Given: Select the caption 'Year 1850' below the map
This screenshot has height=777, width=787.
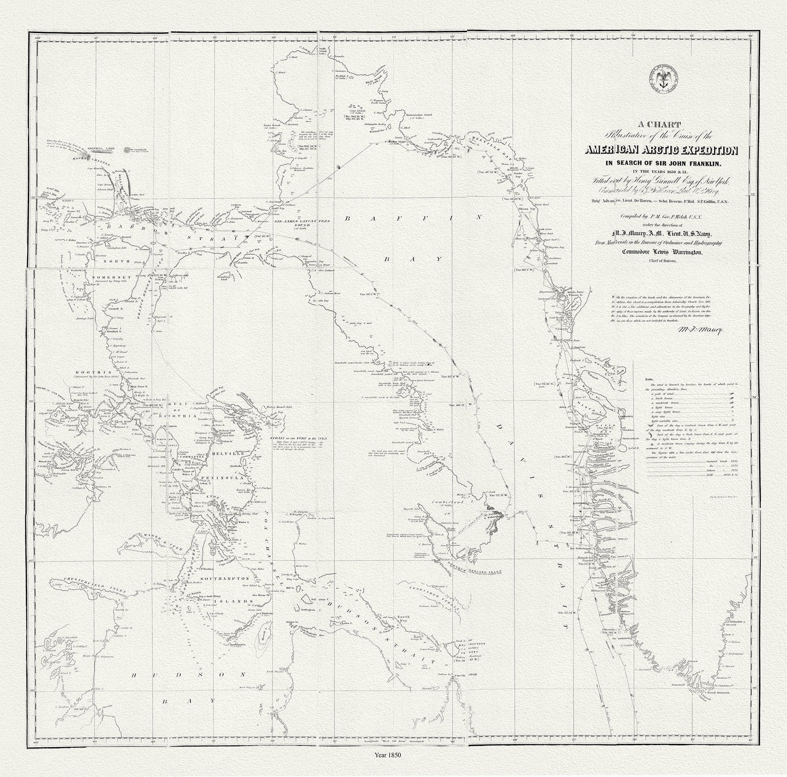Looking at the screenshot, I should coord(388,766).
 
